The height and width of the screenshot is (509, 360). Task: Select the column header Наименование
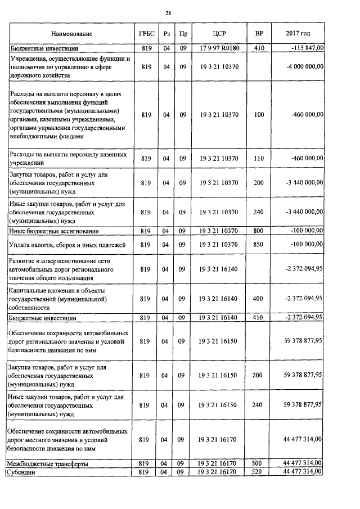(x=71, y=34)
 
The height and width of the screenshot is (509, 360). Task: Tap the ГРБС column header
(x=146, y=34)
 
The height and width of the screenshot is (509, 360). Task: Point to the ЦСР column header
(x=219, y=34)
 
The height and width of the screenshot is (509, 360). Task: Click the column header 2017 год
(x=298, y=34)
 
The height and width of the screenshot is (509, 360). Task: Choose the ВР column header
(x=259, y=34)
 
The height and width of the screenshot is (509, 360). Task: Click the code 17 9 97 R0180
(x=219, y=49)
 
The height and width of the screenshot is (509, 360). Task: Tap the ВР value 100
(x=259, y=115)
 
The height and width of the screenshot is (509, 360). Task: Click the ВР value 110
(x=259, y=159)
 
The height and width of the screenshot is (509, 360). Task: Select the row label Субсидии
(x=22, y=472)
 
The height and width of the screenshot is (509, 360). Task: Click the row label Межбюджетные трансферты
(x=47, y=463)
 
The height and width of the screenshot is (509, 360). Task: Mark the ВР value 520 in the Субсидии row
(x=259, y=472)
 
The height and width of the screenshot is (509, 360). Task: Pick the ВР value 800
(x=259, y=231)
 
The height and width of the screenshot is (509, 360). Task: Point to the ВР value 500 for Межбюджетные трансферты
(x=259, y=463)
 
